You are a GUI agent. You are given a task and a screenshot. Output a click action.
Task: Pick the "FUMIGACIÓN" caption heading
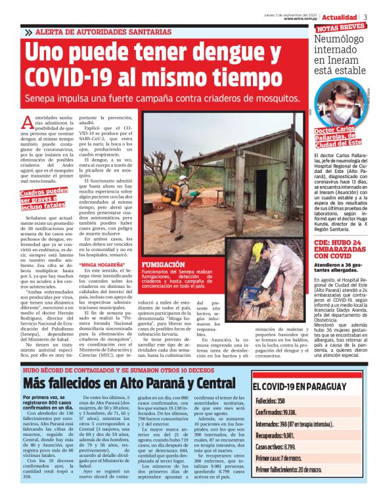[x=164, y=264]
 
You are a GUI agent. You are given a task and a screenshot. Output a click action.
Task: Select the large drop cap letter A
[x=26, y=122]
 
